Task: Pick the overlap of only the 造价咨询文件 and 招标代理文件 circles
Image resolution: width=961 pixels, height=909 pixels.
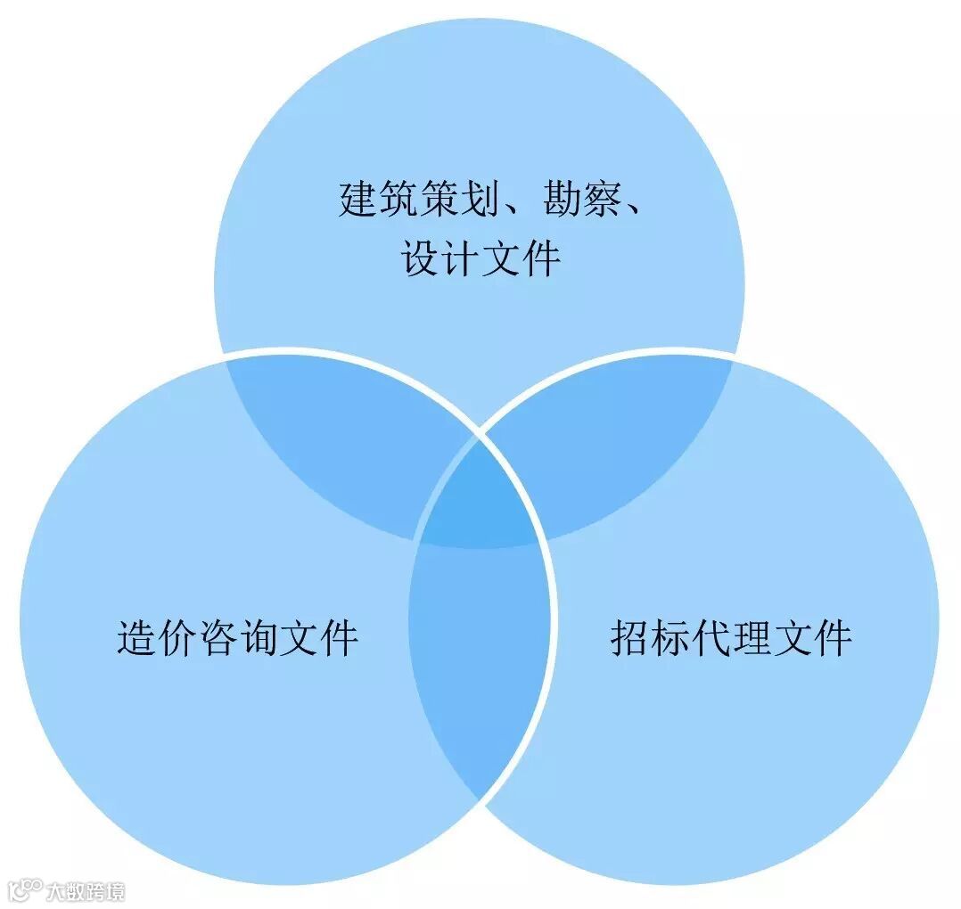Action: coord(480,659)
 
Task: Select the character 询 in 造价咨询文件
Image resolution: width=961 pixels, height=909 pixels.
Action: coord(258,638)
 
